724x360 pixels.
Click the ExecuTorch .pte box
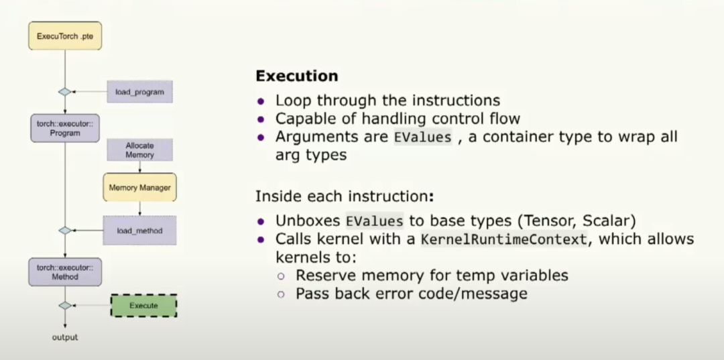pyautogui.click(x=65, y=36)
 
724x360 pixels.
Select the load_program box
pyautogui.click(x=140, y=91)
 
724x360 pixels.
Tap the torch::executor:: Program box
pyautogui.click(x=65, y=128)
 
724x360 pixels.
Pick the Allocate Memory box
pyautogui.click(x=140, y=150)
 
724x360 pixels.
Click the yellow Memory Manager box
pyautogui.click(x=140, y=188)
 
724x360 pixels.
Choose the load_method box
pyautogui.click(x=140, y=231)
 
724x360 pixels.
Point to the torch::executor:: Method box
pyautogui.click(x=65, y=272)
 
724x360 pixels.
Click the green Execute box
pyautogui.click(x=143, y=306)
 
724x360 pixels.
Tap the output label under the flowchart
pyautogui.click(x=65, y=337)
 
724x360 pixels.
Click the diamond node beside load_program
pyautogui.click(x=65, y=92)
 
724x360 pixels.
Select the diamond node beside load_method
pyautogui.click(x=65, y=231)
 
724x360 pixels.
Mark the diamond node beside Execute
pyautogui.click(x=65, y=306)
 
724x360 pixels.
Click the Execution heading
pyautogui.click(x=297, y=76)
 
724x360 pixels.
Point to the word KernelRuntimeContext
pyautogui.click(x=503, y=240)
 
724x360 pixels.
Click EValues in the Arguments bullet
pyautogui.click(x=422, y=137)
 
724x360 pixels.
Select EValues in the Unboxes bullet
pyautogui.click(x=375, y=221)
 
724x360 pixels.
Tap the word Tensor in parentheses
pyautogui.click(x=548, y=221)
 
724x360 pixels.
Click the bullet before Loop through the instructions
pyautogui.click(x=261, y=101)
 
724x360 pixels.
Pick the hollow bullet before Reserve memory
pyautogui.click(x=281, y=276)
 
